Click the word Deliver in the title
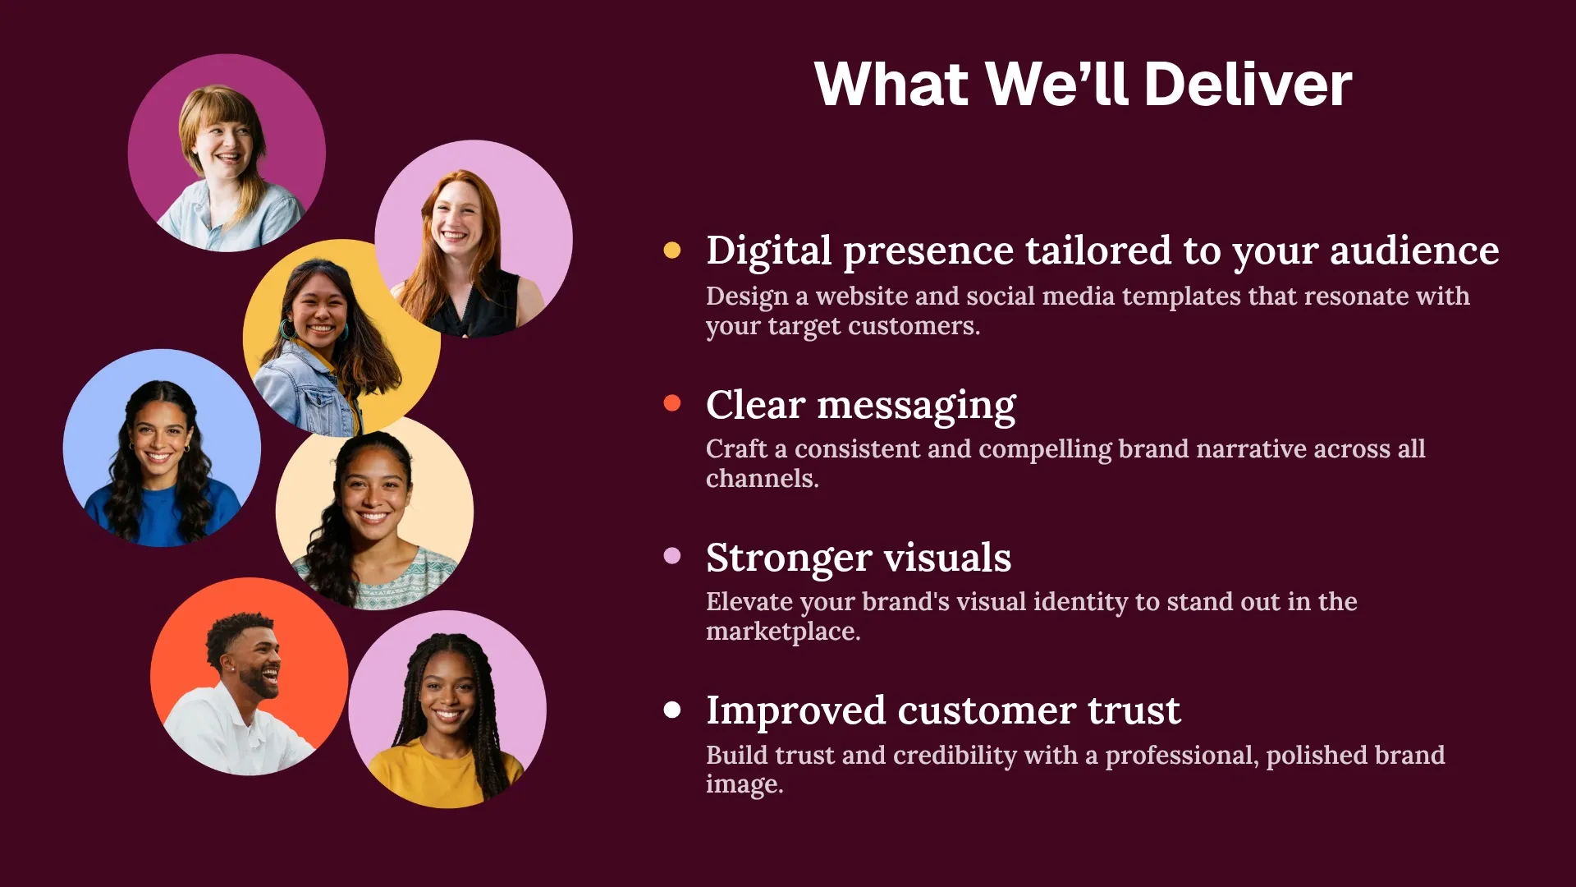[1247, 85]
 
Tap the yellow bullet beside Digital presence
[672, 250]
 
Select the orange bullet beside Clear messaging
[672, 403]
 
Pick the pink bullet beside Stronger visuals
[672, 556]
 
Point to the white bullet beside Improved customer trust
[672, 710]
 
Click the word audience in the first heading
[1414, 250]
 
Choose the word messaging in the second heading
[916, 406]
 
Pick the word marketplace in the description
[781, 632]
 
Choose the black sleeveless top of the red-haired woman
[476, 308]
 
